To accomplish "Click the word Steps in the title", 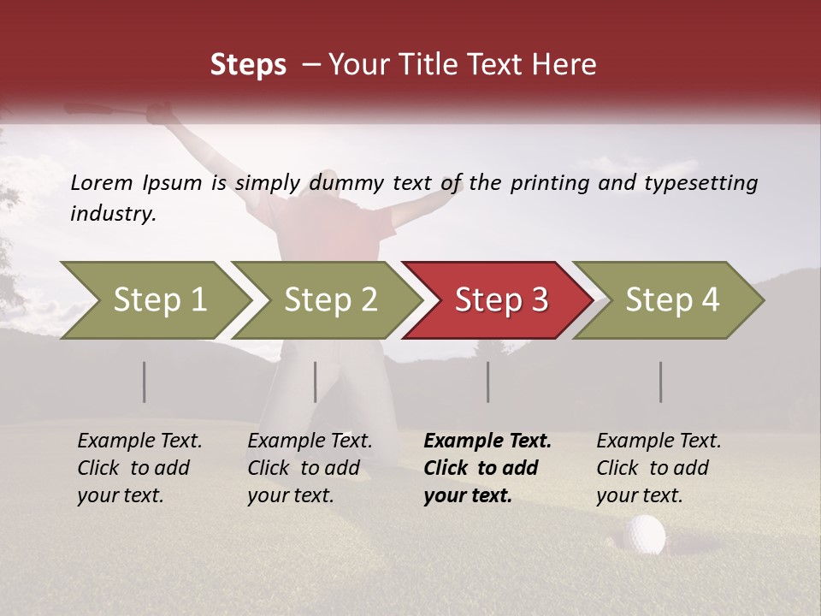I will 248,65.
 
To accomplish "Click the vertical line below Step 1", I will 145,382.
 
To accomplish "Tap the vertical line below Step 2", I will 316,382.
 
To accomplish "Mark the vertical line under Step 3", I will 487,382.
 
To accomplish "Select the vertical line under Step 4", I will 660,382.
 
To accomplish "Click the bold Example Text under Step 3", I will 487,441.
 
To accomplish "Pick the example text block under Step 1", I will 139,468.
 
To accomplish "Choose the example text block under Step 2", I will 310,468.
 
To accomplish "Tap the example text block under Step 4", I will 659,468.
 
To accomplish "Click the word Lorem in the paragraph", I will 102,183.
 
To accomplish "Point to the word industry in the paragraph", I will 112,214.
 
